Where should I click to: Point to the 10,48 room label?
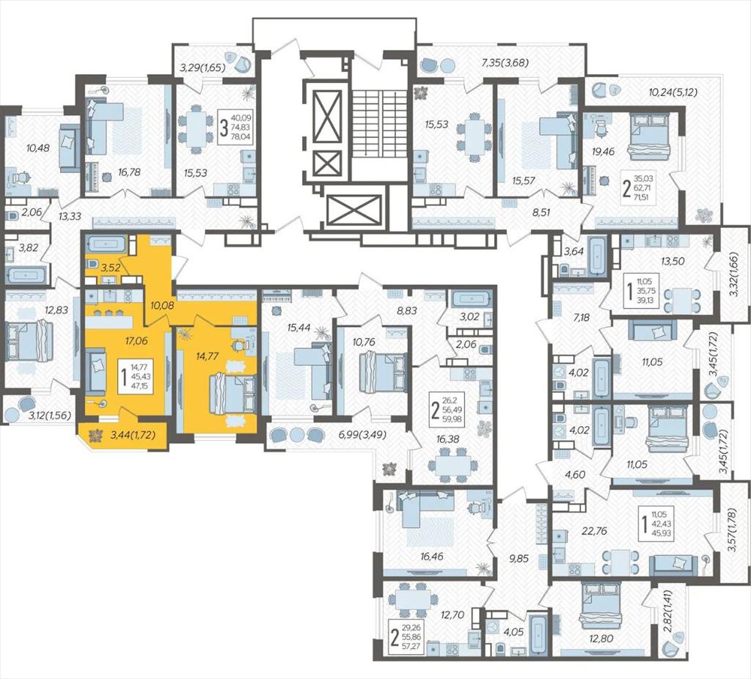(38, 148)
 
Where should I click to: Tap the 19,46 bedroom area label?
(603, 152)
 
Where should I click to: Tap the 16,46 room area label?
(431, 557)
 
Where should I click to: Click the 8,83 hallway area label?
(406, 311)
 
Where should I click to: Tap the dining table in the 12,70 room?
(413, 600)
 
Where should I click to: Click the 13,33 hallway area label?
(70, 216)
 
